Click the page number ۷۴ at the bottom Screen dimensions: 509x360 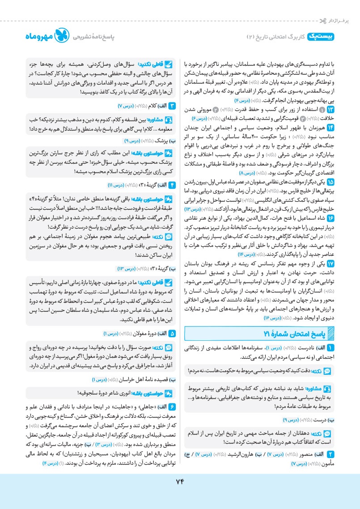[179, 481]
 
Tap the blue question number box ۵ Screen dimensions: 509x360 [172, 333]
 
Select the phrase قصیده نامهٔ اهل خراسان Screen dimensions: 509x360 [138, 380]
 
